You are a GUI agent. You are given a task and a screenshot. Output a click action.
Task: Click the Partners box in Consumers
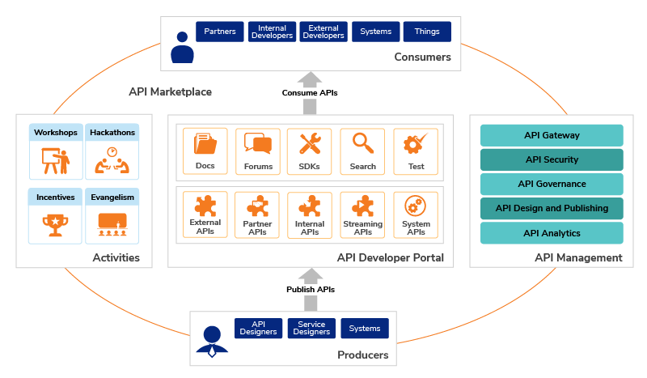click(x=220, y=32)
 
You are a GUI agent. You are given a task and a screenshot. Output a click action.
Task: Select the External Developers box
click(x=323, y=32)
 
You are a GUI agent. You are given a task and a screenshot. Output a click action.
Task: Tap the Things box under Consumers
click(x=427, y=32)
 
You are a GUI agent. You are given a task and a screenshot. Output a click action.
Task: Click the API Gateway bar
click(x=552, y=135)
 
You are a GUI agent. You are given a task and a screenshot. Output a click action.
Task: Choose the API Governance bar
click(x=552, y=184)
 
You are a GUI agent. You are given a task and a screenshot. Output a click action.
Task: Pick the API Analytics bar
click(x=552, y=233)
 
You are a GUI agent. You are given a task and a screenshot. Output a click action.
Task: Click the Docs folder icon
click(x=205, y=144)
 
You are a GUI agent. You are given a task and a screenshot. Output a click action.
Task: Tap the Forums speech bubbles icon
click(x=257, y=144)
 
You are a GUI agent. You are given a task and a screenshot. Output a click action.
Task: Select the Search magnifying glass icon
click(x=362, y=143)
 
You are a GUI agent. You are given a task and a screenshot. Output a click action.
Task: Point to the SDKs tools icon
click(x=310, y=144)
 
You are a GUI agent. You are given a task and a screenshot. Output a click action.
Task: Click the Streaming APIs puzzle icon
click(x=362, y=206)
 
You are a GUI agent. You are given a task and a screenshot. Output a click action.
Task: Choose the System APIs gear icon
click(x=415, y=206)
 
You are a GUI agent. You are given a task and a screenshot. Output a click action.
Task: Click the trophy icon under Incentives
click(x=55, y=223)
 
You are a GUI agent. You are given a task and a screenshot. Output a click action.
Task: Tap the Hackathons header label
click(x=112, y=132)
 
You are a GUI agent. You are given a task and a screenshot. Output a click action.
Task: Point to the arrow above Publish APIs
click(x=310, y=275)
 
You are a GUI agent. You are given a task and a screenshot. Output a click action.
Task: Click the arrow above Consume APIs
click(x=310, y=79)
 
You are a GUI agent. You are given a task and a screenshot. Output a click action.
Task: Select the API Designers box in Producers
click(x=258, y=328)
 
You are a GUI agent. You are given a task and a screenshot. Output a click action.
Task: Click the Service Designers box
click(x=311, y=328)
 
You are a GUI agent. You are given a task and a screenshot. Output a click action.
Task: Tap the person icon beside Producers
click(x=212, y=340)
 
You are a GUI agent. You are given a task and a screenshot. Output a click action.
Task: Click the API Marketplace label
click(x=170, y=91)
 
